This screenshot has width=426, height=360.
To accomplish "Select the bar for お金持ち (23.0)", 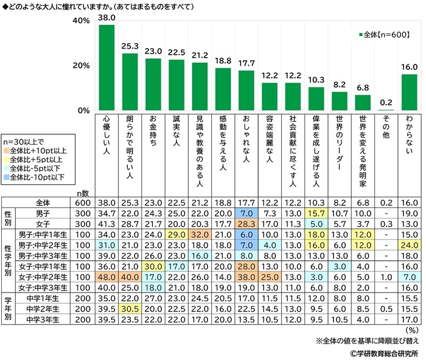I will [153, 85].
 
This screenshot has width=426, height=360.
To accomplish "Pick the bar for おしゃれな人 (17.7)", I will [246, 91].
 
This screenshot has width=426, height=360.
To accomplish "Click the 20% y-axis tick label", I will [82, 66].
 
